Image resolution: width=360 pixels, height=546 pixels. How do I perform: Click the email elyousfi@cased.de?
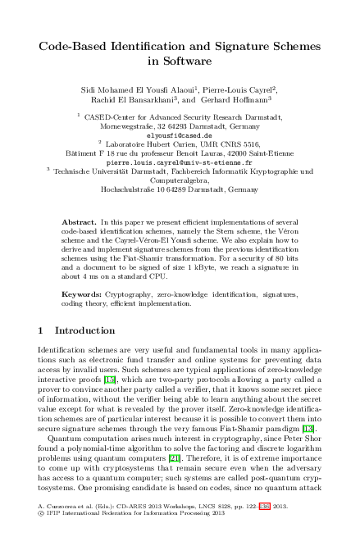pos(179,135)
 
